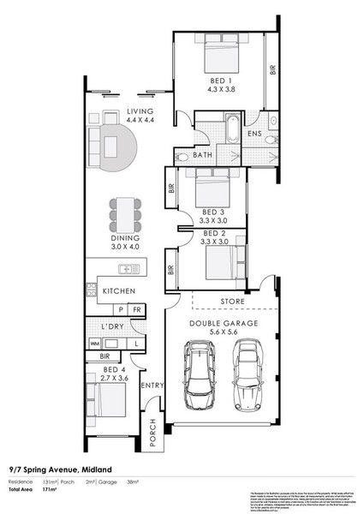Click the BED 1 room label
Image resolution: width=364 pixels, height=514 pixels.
(219, 80)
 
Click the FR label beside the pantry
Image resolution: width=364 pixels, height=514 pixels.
(136, 309)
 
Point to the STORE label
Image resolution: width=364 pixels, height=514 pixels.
(232, 302)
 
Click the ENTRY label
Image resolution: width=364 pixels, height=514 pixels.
(152, 385)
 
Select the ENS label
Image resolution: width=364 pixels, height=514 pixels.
(254, 134)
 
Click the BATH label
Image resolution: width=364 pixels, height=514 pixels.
(202, 155)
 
